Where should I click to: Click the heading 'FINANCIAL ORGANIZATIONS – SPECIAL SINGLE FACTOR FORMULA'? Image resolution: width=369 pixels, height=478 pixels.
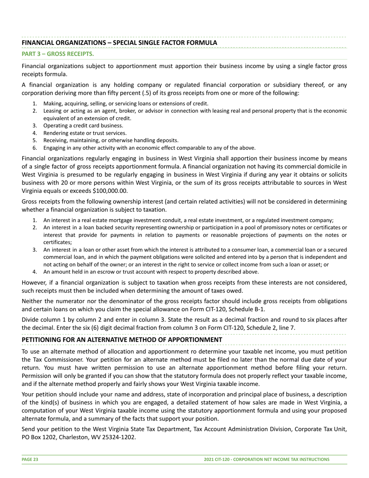(119, 43)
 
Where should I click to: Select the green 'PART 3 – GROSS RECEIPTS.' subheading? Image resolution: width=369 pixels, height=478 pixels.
(57, 54)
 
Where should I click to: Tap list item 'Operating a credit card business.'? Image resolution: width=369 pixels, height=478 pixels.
(83, 126)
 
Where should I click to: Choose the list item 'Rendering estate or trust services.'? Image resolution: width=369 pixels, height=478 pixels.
(85, 133)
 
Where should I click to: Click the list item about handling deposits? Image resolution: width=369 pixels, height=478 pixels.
(111, 140)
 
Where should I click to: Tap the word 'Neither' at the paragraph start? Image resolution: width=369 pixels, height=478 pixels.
(33, 301)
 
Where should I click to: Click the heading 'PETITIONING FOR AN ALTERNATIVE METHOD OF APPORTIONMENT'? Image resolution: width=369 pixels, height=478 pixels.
(122, 340)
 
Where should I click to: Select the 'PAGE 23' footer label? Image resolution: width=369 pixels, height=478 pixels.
(30, 459)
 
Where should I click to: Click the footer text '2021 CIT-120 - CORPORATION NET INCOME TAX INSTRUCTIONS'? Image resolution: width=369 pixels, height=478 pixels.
(266, 459)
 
